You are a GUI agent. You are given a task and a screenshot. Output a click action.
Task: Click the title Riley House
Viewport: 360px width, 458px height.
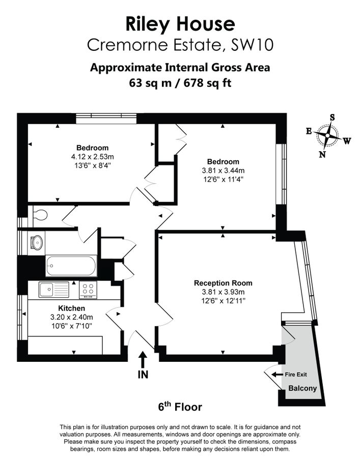pos(180,23)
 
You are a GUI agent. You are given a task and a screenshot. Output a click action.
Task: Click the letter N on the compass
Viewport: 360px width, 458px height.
pos(322,155)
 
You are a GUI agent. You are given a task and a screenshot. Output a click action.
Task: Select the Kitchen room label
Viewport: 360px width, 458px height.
pos(71,308)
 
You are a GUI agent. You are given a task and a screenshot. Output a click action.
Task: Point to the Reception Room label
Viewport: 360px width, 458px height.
pos(223,283)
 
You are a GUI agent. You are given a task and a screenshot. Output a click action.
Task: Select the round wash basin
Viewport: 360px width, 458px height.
pos(37,242)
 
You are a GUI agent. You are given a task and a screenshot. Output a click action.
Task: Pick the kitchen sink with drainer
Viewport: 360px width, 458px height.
pos(53,290)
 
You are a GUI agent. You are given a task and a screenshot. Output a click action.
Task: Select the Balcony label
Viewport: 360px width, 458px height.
pos(302,389)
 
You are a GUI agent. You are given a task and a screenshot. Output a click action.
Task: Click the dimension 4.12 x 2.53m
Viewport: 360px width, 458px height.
pos(93,157)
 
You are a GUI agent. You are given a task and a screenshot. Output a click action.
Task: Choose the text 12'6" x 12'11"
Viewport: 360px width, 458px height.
pos(223,301)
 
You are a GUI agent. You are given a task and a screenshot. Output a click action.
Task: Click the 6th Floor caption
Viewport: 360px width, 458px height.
pos(180,407)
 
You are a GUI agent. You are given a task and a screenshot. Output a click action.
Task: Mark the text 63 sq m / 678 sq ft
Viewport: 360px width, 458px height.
pos(180,82)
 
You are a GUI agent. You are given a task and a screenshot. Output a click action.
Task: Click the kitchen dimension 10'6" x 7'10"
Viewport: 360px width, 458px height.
pos(71,325)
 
